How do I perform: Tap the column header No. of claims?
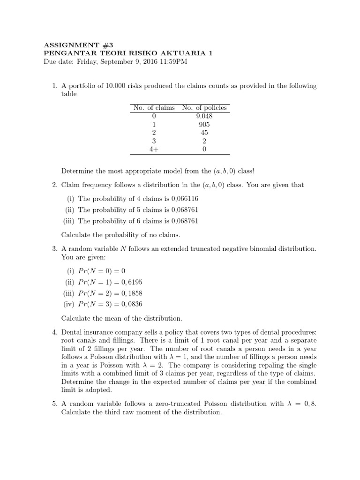pos(154,108)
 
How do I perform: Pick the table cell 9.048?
pos(204,116)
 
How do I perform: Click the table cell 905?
pos(204,125)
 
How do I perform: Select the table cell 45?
pos(204,133)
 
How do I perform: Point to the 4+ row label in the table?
pos(154,150)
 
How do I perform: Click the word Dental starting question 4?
pos(72,332)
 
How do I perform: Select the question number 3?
pos(54,248)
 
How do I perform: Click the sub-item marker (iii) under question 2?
pos(69,221)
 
